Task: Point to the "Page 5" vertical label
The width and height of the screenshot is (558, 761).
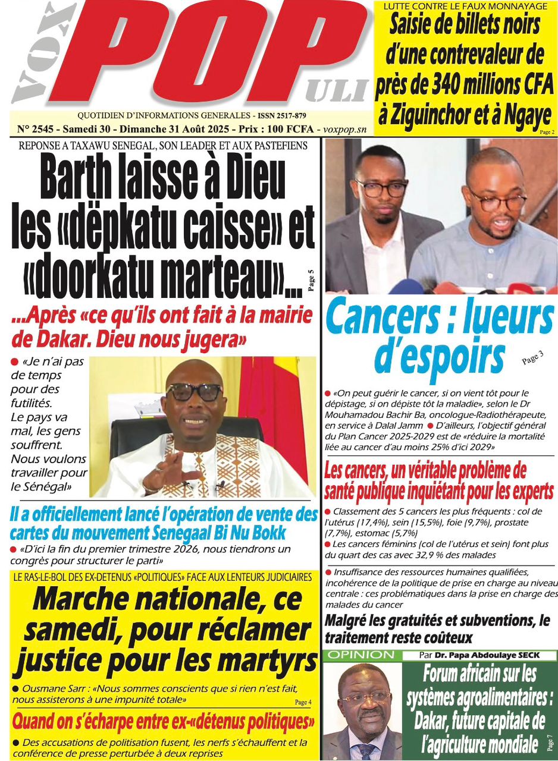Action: coord(311,281)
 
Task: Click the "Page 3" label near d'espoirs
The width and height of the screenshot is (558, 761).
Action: coord(532,358)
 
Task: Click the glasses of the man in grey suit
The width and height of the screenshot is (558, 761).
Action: coord(381,189)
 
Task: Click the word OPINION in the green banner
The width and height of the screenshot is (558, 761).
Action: coord(360,655)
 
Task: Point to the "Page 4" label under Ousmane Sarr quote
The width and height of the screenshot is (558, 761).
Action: coord(303,702)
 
